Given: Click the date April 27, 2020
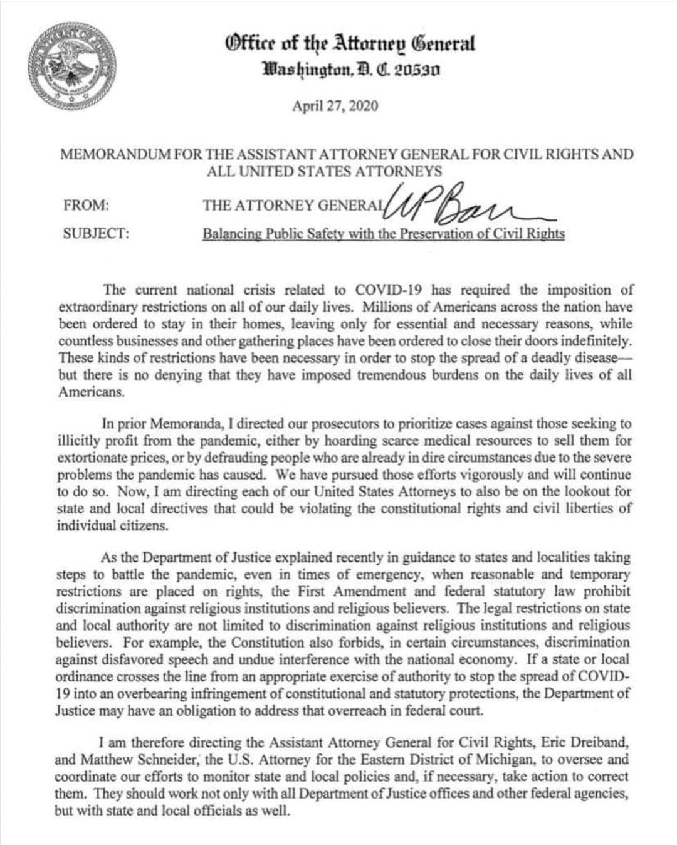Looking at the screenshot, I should pos(335,105).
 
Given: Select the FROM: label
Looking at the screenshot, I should pos(86,206).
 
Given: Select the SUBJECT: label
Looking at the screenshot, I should pos(96,234).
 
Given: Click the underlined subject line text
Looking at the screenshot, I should pos(383,234).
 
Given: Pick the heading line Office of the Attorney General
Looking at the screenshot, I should pos(350,44).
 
